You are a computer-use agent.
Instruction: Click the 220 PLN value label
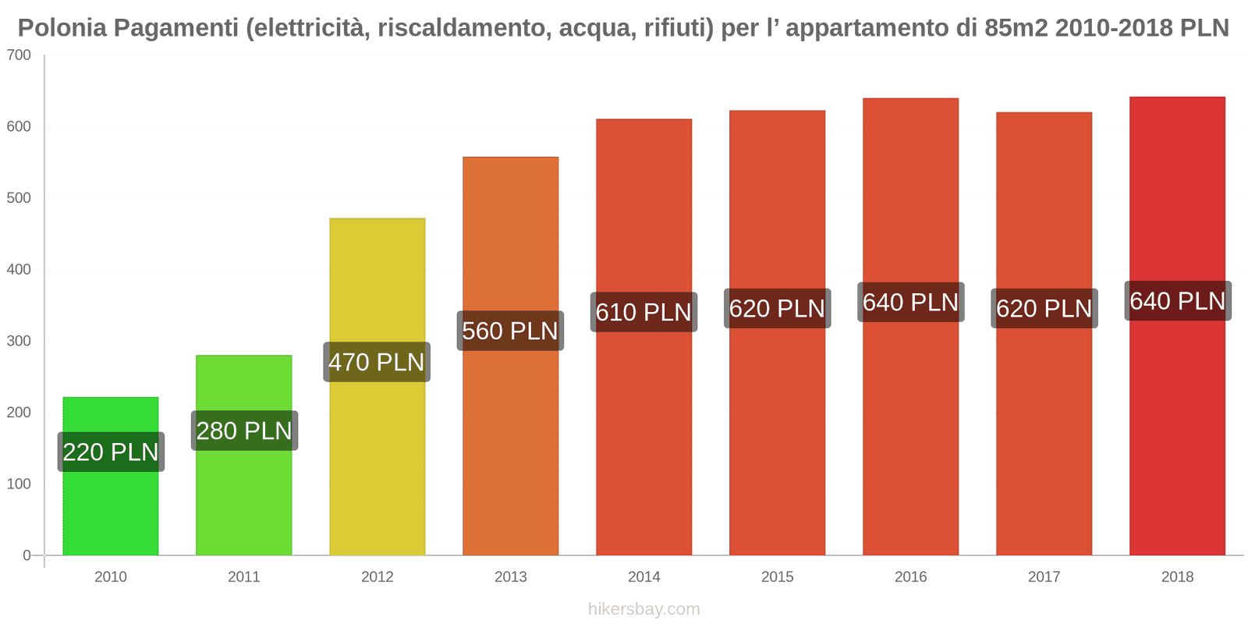(111, 452)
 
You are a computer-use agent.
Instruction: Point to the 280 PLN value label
(244, 431)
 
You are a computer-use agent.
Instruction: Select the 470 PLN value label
(377, 362)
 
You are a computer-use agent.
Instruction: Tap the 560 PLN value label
(510, 331)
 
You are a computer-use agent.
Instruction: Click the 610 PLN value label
(643, 312)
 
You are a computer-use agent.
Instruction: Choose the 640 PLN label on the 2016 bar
(910, 302)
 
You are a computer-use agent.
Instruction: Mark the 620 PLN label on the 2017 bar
(1044, 308)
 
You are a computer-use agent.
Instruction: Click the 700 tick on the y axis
(19, 55)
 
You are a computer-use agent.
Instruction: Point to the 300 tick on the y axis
(19, 341)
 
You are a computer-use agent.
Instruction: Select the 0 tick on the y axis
(27, 555)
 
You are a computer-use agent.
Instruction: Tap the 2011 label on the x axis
(243, 576)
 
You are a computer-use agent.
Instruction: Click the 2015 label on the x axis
(777, 576)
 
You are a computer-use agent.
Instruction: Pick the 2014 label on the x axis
(643, 576)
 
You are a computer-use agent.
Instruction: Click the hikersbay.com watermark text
(643, 608)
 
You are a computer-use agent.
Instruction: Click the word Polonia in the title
(62, 28)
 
